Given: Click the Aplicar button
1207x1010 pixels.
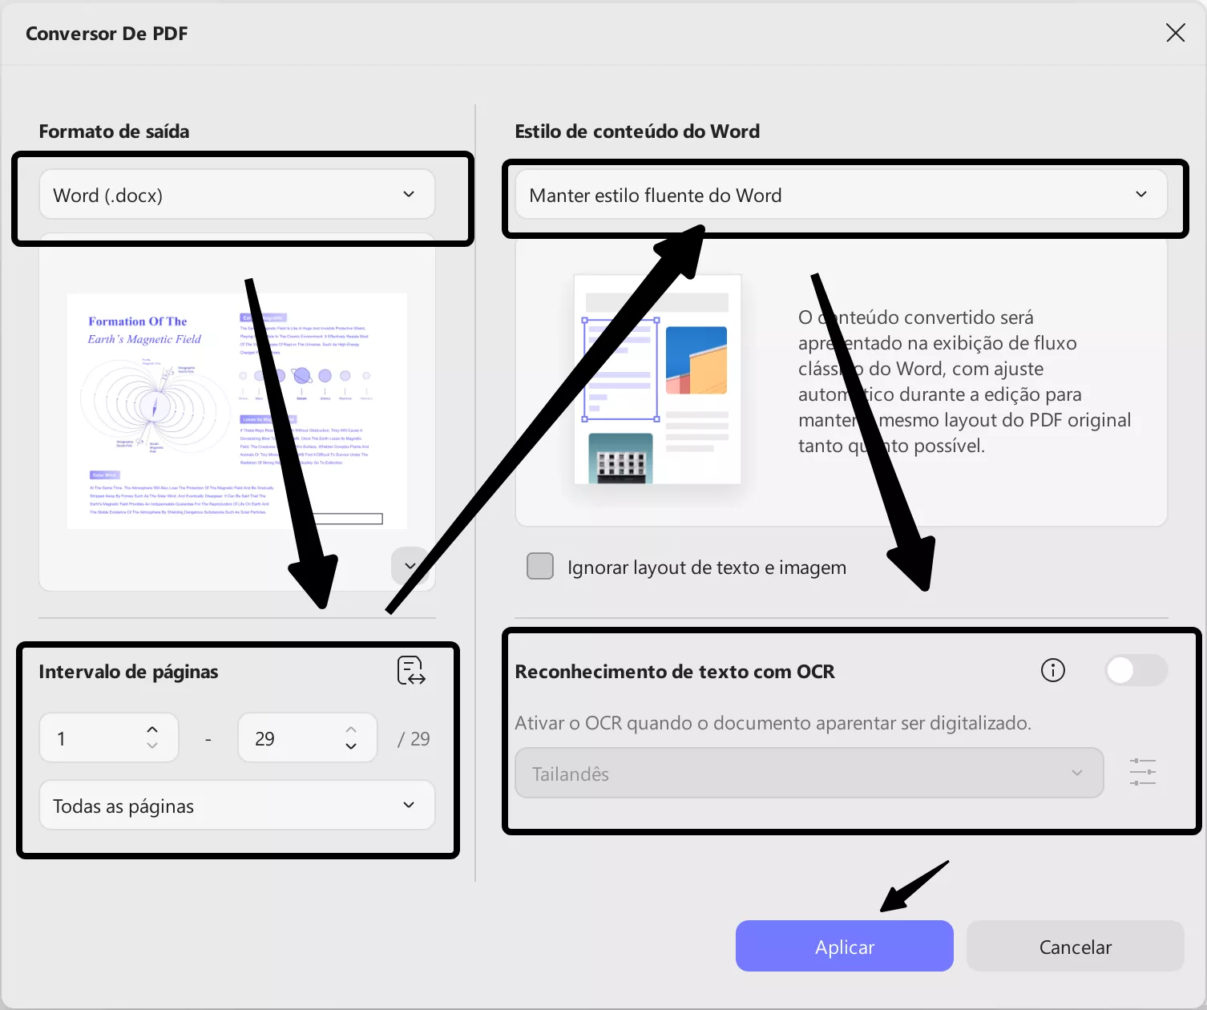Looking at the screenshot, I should coord(844,947).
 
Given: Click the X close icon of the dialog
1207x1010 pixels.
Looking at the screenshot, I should coord(1175,33).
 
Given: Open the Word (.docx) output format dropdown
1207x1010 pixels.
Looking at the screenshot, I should coord(237,195).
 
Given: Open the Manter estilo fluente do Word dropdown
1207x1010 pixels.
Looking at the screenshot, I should coord(841,195).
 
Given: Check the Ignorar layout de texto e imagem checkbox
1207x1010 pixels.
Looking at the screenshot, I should coord(540,566).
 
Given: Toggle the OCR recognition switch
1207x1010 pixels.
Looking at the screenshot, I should coord(1135,670).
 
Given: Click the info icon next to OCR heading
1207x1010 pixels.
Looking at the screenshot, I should coord(1052,670).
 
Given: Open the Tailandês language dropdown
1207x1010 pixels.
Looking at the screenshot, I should coord(809,774).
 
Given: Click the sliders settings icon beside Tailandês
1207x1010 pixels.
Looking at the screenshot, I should coord(1142,773).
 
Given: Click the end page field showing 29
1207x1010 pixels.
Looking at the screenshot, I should coord(293,738).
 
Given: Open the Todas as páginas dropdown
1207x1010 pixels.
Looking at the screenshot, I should coord(237,806).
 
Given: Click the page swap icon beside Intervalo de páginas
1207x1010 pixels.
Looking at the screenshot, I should coord(411,671).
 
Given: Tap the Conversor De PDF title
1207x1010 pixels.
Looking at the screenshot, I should coord(107,34).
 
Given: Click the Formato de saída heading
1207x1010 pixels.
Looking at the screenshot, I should coord(114,131).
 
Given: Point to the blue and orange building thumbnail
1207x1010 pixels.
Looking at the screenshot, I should coord(696,360).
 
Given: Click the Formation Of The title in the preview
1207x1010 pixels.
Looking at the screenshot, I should coord(138,321).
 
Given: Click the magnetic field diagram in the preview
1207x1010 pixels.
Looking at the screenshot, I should coord(154,405).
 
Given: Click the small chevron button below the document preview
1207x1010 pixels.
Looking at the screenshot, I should coord(410,566).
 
